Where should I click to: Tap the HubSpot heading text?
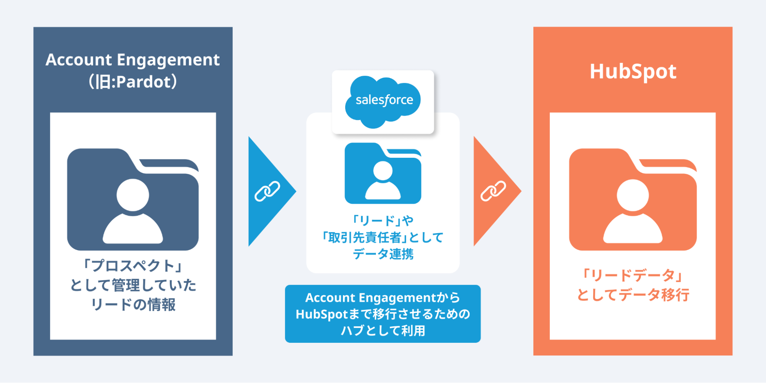coord(633,72)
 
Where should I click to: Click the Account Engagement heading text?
coord(133,60)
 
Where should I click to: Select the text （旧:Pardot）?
coord(133,82)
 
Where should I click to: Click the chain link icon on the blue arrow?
coord(267,191)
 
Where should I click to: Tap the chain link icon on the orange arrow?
coord(493,191)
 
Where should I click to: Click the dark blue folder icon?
coord(133,199)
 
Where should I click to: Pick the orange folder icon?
coord(633,199)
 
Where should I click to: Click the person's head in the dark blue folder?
coord(133,195)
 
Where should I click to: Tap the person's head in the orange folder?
coord(633,195)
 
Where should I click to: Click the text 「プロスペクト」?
coord(133,265)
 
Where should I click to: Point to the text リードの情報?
coord(133,305)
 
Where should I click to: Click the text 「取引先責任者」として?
coord(383,237)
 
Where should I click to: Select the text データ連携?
coord(383,254)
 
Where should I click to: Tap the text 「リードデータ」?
coord(633,275)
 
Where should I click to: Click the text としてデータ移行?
coord(633,295)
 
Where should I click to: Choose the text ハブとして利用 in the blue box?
coord(383,331)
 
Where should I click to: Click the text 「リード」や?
coord(383,221)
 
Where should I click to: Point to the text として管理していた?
coord(133,285)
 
